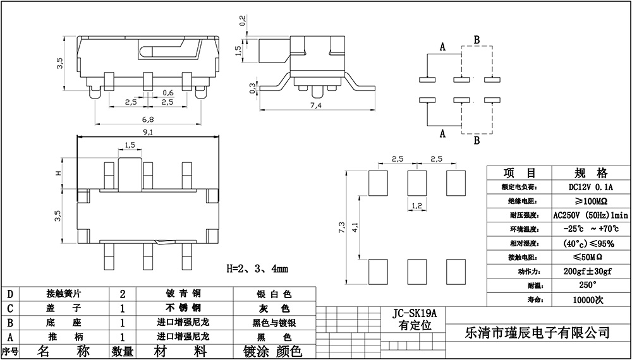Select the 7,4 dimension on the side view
click(x=316, y=106)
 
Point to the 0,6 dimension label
click(x=168, y=92)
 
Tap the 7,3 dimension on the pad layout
click(x=342, y=228)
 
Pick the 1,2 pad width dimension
click(x=416, y=205)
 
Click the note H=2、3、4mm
click(x=257, y=268)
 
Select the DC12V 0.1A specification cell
click(x=591, y=187)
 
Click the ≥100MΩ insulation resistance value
click(x=591, y=201)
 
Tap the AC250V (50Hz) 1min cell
click(x=591, y=215)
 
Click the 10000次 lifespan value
click(x=591, y=299)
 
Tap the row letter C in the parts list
click(x=9, y=308)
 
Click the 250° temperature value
click(x=591, y=285)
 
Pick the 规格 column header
click(x=591, y=173)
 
